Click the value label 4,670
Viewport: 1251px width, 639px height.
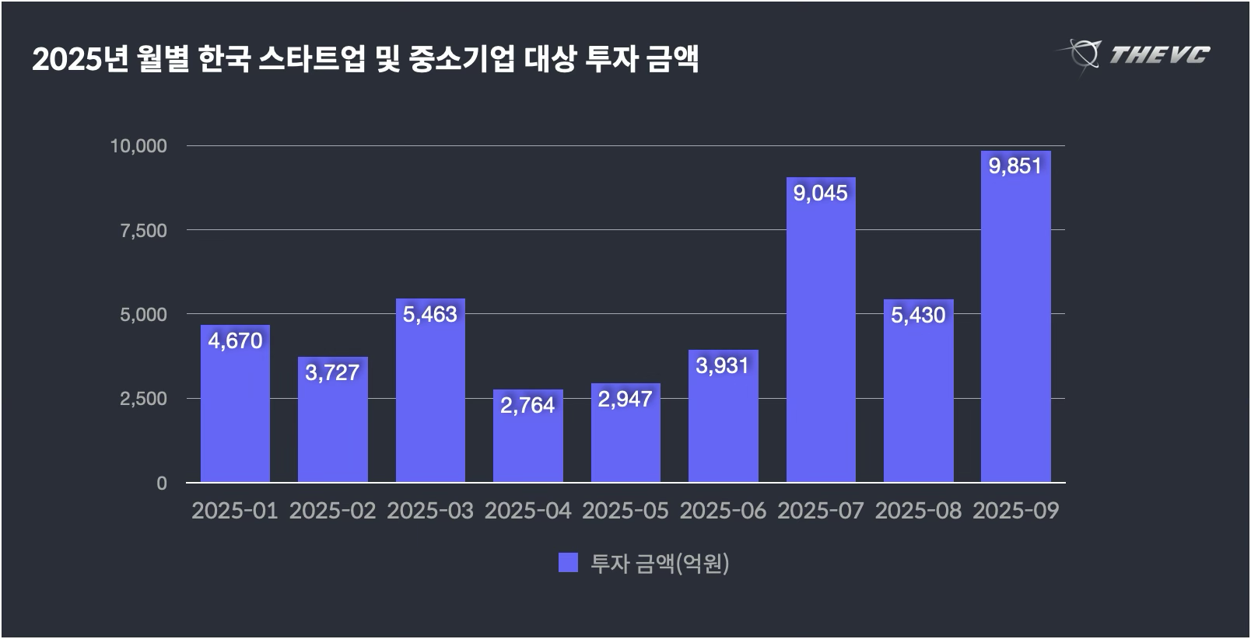235,340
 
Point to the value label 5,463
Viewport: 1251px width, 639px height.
430,314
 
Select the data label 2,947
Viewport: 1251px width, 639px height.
625,399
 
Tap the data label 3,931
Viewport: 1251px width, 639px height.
723,365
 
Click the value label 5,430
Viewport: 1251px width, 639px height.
918,315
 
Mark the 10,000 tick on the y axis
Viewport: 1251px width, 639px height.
139,146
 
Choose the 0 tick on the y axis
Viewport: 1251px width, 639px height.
161,483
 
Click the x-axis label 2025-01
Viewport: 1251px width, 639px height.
235,511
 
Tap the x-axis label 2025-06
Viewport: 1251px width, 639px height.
723,511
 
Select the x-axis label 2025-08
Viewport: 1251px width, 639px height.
918,511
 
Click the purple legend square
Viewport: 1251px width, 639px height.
568,563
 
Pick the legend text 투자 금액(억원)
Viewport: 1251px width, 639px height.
660,563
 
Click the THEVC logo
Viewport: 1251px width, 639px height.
1136,54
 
